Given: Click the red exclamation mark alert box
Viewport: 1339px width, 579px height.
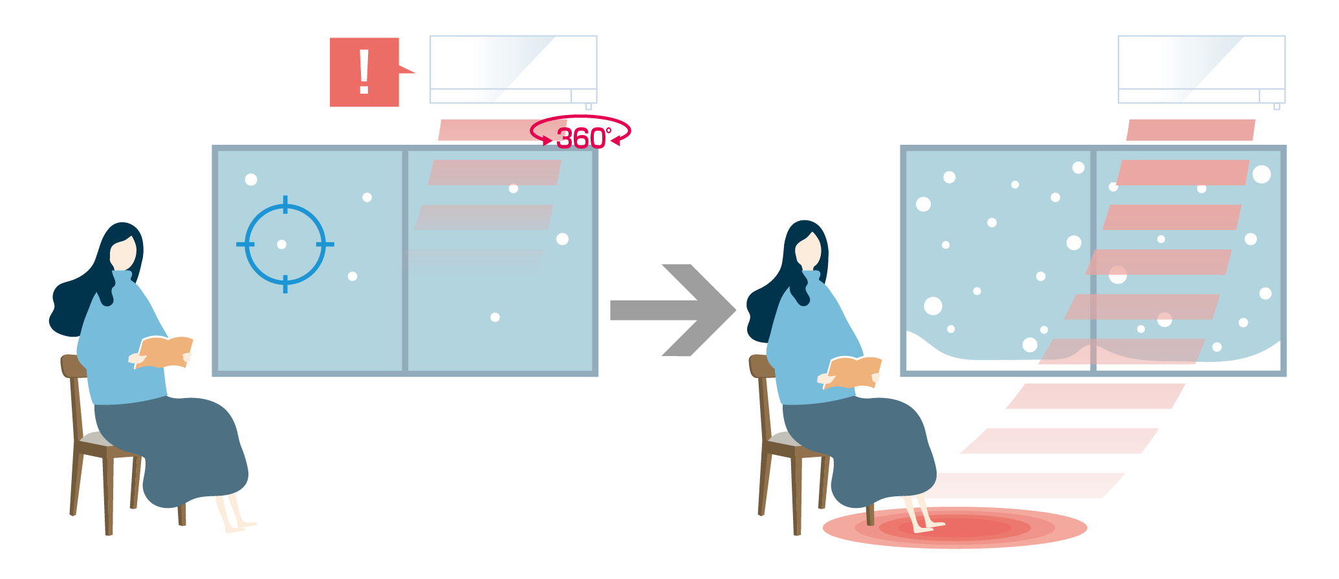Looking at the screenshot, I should (x=364, y=72).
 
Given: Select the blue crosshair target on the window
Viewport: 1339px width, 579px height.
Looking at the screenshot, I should (x=285, y=244).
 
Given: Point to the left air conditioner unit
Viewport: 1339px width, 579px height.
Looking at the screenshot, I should (x=513, y=69).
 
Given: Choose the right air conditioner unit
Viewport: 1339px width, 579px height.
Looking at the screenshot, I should (x=1201, y=69).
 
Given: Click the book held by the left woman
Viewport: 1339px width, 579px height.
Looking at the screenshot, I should (x=164, y=352).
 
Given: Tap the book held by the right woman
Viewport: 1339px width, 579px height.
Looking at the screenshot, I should (x=853, y=372).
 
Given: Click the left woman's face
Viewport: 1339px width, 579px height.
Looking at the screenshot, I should (x=123, y=253).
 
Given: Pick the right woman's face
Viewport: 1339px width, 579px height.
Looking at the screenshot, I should (x=808, y=251).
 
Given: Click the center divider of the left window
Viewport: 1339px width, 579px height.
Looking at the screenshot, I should (x=405, y=261).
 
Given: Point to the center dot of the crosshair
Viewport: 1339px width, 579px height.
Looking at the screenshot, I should (x=281, y=244).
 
